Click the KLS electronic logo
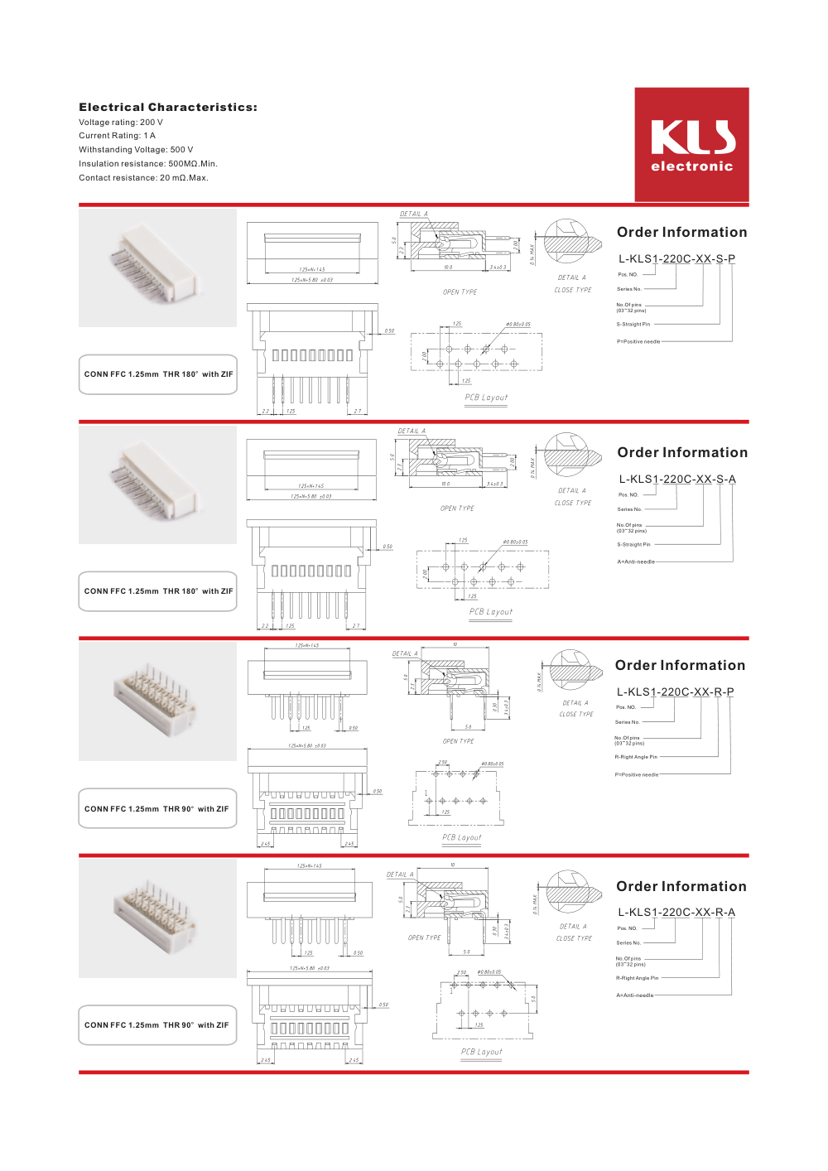coord(691,145)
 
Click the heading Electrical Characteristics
coord(168,107)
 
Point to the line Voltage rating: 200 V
coord(121,123)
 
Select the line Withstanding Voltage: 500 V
coord(136,150)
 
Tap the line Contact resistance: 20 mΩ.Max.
coord(143,178)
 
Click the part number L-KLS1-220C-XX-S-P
coord(676,259)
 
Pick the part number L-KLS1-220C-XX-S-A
coord(677,479)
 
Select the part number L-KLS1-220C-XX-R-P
coord(675,692)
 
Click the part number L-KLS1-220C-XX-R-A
coord(676,913)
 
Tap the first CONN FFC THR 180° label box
coord(158,374)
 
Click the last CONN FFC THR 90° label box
coord(158,1025)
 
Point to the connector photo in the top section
coord(157,267)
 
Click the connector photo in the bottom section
coord(157,918)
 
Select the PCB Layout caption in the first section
coord(486,398)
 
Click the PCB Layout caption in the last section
coord(482,1052)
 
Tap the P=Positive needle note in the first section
coord(638,342)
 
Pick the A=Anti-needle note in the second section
coord(636,562)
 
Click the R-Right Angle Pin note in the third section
coord(636,757)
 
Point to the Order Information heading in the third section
coord(680,666)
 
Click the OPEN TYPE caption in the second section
coord(457,508)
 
